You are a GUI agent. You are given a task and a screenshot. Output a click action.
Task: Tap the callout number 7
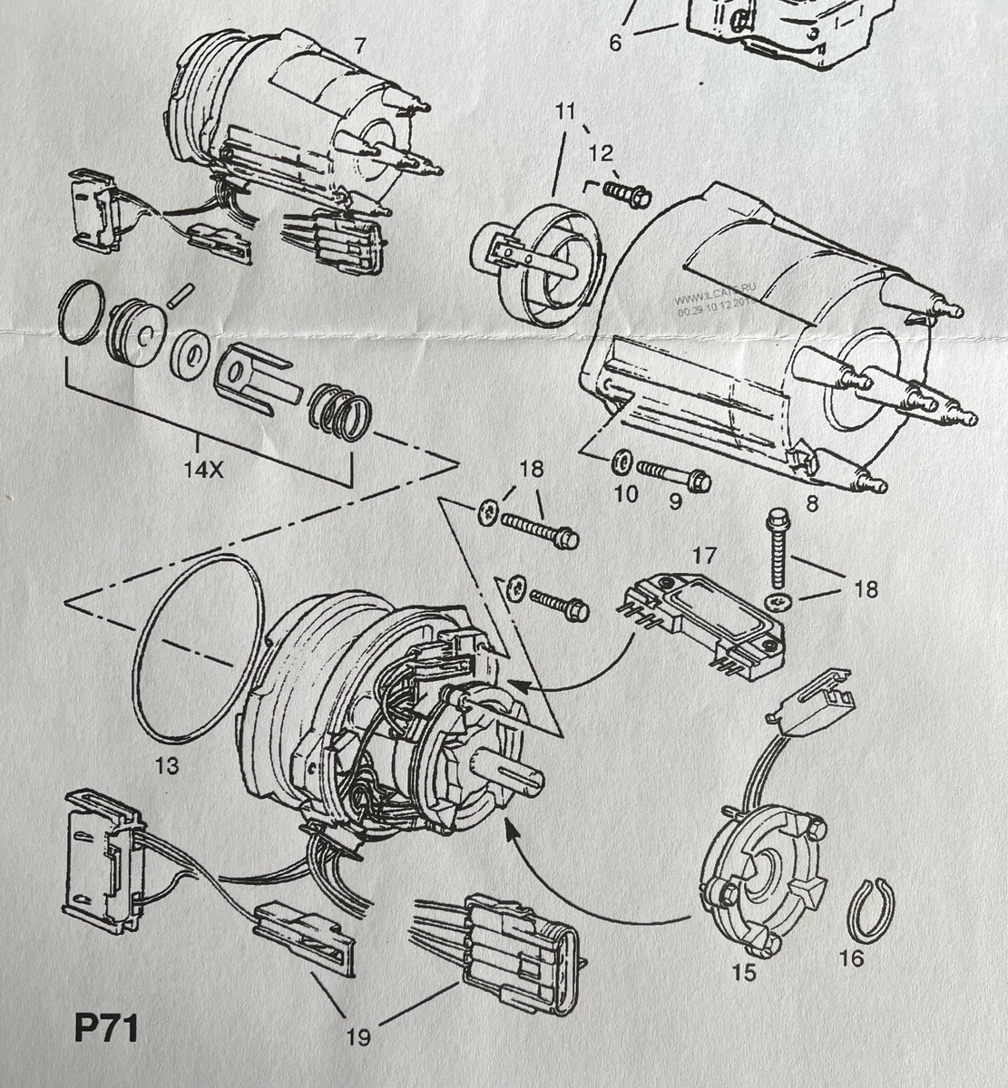coord(360,45)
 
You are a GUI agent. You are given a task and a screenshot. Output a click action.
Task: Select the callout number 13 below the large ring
coord(166,766)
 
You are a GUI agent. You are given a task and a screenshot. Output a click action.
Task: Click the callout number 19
coord(359,1036)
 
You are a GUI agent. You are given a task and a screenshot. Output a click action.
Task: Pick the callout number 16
coord(851,957)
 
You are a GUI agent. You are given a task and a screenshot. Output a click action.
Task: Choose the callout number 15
coord(744,972)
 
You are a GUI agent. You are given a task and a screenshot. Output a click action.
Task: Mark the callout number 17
coord(705,555)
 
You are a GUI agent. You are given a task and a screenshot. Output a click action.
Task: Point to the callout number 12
coord(602,152)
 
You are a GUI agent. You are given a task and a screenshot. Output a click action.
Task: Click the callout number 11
coord(566,112)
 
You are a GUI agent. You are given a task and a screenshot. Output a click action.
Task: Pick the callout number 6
coord(615,42)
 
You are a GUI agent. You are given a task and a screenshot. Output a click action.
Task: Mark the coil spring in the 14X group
coord(339,413)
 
